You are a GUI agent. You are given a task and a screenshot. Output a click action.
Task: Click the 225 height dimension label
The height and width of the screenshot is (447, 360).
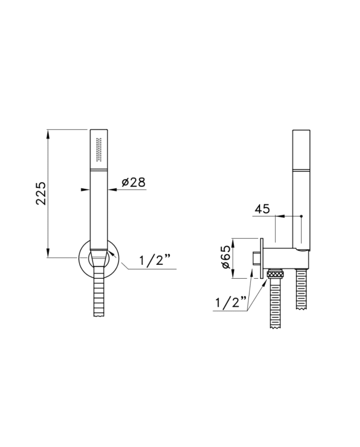coord(41,193)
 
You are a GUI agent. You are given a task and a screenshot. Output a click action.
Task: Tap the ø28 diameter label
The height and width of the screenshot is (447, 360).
coord(133,182)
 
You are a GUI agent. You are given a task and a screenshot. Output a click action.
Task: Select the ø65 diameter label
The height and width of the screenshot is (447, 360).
coord(225,257)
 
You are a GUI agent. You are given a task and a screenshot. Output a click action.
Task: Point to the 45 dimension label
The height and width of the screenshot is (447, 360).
coord(262,209)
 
